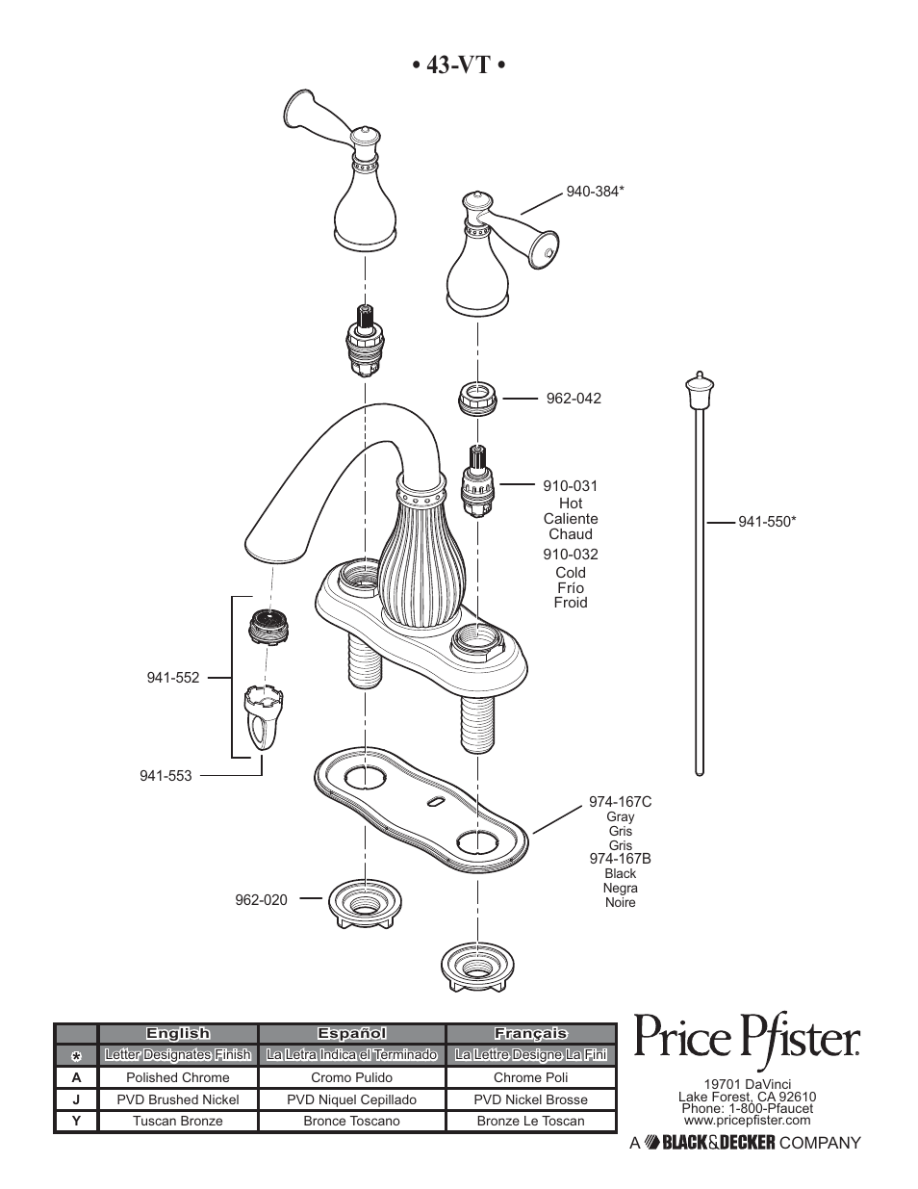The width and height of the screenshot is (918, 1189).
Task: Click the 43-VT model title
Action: pos(459,65)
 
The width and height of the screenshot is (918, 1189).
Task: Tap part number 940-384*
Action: pos(595,192)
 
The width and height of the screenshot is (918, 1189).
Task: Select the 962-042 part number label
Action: pos(574,399)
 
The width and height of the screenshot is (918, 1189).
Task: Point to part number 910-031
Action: pos(571,486)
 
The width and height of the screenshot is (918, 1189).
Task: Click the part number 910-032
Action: pos(571,555)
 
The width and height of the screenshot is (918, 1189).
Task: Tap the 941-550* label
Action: pos(767,522)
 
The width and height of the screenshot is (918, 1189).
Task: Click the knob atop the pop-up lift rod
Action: pos(700,391)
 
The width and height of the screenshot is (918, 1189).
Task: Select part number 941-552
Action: pos(173,678)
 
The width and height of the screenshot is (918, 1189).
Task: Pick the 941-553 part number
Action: pos(166,776)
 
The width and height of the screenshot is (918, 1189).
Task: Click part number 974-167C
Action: pos(620,802)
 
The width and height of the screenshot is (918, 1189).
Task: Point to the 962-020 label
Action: pos(261,900)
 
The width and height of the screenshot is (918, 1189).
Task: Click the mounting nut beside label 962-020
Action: pos(365,904)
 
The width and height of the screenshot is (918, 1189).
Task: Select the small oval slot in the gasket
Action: pos(435,802)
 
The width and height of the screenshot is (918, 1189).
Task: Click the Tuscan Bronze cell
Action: pos(178,1121)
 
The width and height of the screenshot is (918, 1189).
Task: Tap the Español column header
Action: pos(351,1034)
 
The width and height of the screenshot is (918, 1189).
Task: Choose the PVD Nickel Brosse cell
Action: pos(530,1099)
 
